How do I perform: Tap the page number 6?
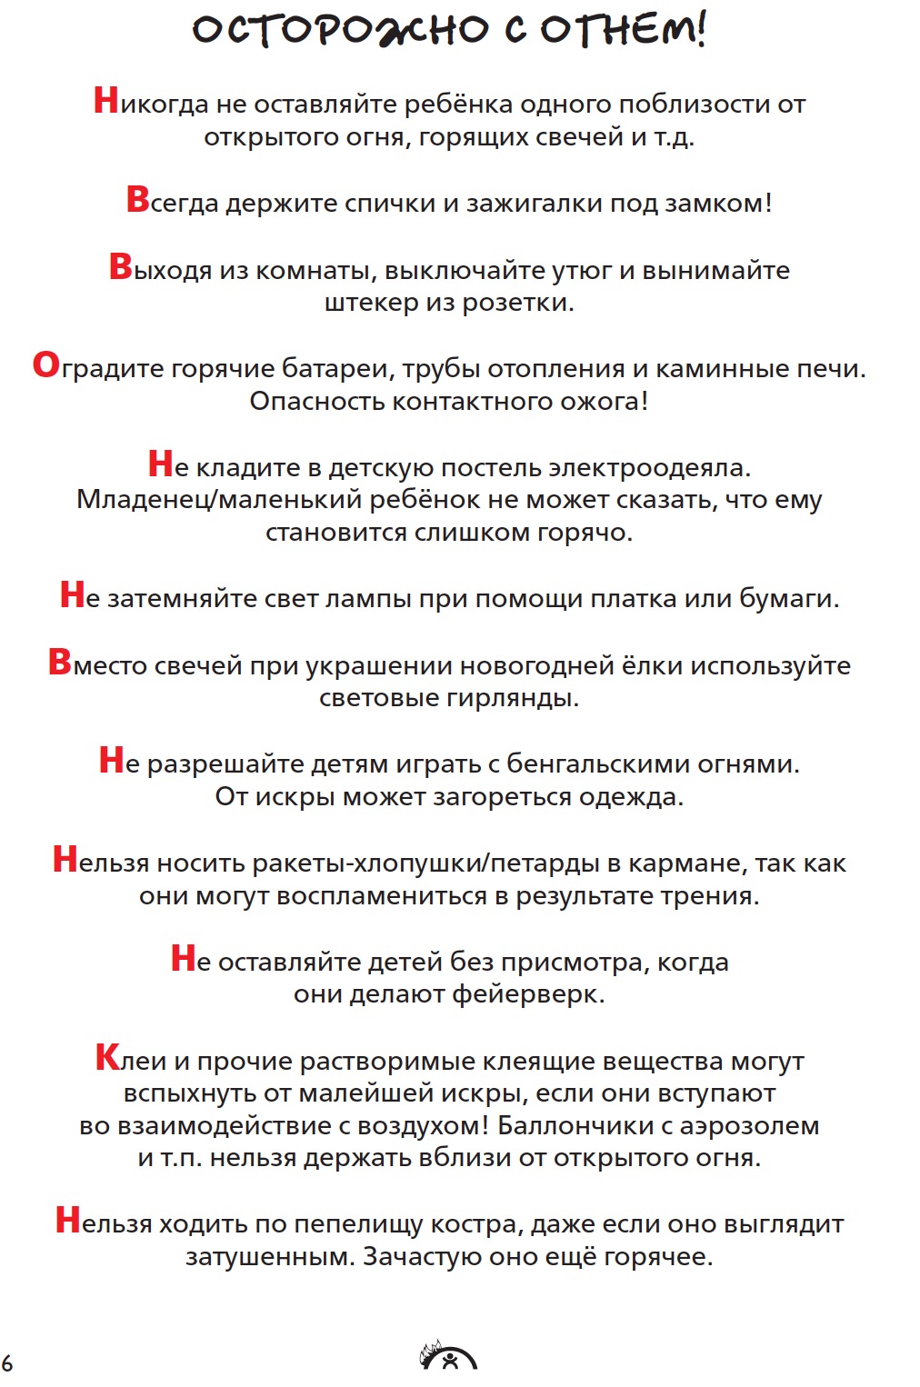click(7, 1362)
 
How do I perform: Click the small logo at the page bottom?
click(447, 1357)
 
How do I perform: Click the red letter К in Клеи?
click(107, 1058)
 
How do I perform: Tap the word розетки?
click(518, 303)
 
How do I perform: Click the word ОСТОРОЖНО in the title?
click(341, 30)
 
